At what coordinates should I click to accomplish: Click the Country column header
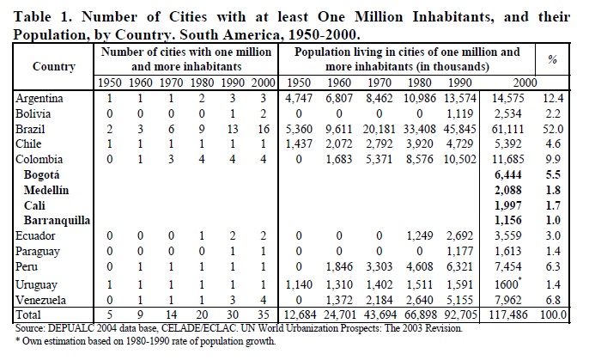[x=53, y=66]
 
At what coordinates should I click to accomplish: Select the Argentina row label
[x=41, y=99]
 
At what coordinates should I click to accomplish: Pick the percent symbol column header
[x=552, y=60]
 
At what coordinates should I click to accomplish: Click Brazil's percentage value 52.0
[x=553, y=128]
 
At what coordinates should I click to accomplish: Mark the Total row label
[x=31, y=315]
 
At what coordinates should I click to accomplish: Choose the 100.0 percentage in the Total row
[x=551, y=314]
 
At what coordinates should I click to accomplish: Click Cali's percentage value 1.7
[x=553, y=205]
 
